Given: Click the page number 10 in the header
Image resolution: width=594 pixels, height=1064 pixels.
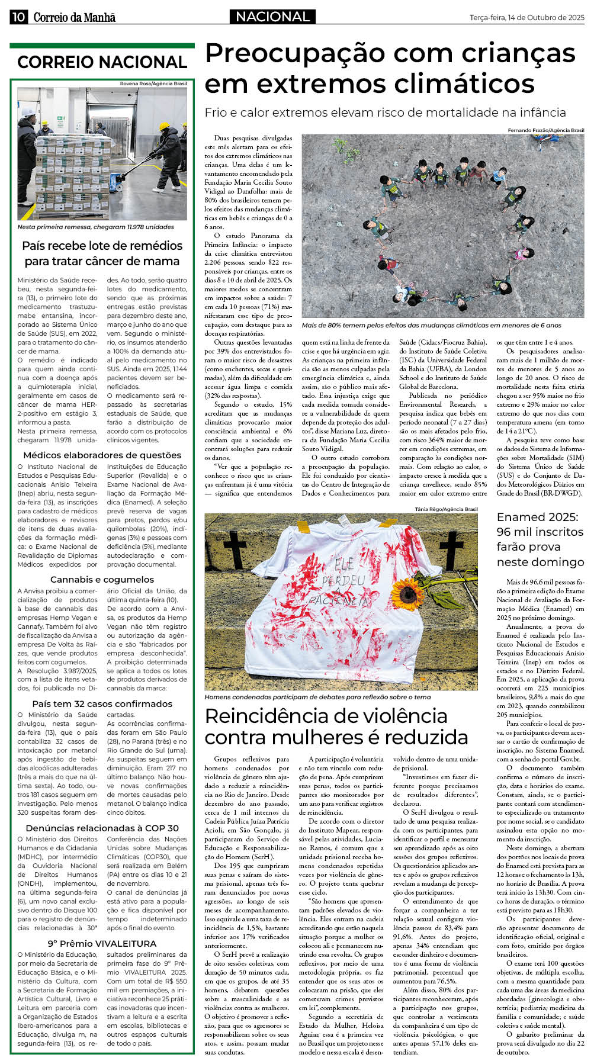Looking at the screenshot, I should tap(18, 17).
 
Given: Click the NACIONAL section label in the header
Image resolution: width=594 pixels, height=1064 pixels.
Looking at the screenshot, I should tap(273, 17).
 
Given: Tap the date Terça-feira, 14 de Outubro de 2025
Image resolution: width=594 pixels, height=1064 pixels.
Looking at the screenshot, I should tap(526, 18).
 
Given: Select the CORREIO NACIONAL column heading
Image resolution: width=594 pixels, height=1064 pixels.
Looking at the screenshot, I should tap(102, 62).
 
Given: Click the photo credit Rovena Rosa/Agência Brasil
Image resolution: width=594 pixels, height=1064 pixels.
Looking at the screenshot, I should tap(153, 83).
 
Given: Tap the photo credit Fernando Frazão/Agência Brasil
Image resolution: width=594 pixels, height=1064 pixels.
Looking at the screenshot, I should tap(545, 130).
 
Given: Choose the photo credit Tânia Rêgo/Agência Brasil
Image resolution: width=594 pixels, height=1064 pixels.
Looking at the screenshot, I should tap(446, 509).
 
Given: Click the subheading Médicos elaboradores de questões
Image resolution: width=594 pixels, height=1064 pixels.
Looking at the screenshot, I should tap(102, 455).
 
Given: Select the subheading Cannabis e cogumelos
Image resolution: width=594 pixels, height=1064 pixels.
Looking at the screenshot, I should tap(102, 580).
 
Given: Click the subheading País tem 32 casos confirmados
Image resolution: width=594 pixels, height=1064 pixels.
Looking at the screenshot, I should tap(102, 704).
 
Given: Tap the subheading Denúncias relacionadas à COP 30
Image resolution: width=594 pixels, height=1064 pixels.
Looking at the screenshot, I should tap(102, 828).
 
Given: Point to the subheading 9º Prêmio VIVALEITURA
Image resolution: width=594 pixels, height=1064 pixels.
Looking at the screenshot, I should tap(102, 944).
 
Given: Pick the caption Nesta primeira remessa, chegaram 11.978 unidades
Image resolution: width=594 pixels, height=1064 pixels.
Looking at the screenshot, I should tap(95, 227).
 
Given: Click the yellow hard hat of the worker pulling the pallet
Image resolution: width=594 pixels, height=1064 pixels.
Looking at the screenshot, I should tap(165, 126).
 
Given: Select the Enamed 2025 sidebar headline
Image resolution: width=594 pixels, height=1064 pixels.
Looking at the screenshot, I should tap(540, 539).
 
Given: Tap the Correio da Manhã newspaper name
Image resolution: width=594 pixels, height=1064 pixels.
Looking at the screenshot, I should tap(74, 17).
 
